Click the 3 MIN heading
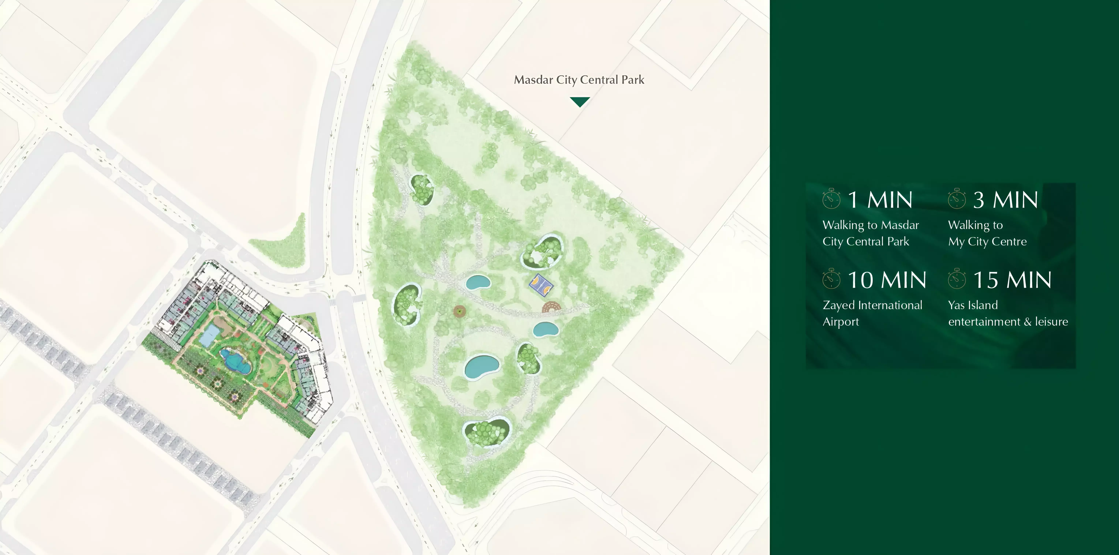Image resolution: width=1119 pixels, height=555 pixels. tap(1005, 200)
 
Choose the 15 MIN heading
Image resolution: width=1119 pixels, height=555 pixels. tap(1012, 280)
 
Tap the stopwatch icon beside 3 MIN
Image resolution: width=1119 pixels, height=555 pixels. tap(957, 199)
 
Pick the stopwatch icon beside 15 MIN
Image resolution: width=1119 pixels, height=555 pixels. tap(957, 279)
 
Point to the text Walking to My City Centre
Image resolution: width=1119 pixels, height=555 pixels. tap(987, 233)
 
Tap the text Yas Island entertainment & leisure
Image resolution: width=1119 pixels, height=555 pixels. tap(1008, 313)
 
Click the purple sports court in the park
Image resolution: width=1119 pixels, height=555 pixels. tap(541, 285)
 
